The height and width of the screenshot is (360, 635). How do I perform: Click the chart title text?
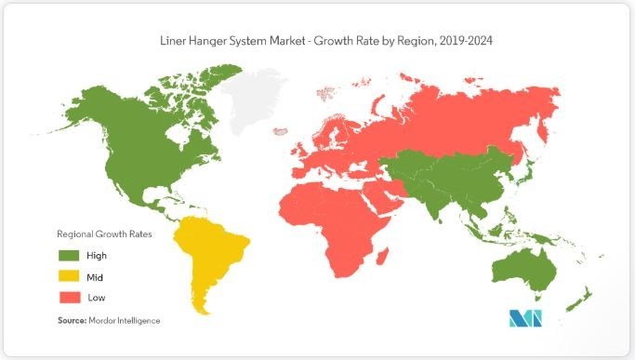(x=317, y=41)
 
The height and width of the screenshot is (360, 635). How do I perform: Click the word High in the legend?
(x=96, y=254)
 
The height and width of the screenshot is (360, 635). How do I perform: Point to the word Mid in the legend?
(x=94, y=275)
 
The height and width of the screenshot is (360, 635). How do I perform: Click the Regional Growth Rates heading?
(x=104, y=233)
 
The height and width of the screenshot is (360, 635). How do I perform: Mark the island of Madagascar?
(x=381, y=248)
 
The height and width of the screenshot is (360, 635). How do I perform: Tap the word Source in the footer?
(x=72, y=320)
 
